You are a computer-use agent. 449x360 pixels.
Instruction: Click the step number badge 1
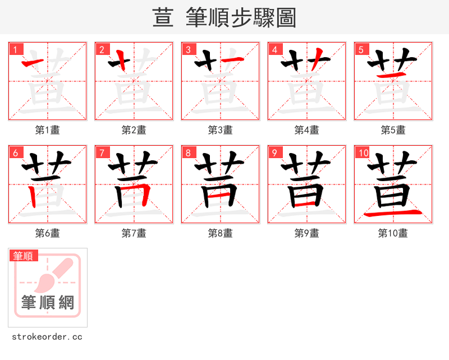point(16,49)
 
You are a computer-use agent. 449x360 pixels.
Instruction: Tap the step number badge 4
point(275,49)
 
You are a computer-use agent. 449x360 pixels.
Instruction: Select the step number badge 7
point(102,153)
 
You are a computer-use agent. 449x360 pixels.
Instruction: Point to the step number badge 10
point(363,153)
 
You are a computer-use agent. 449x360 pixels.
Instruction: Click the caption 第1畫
point(48,130)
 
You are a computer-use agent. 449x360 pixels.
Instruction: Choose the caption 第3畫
point(221,130)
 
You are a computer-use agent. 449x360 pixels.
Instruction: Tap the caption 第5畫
point(393,130)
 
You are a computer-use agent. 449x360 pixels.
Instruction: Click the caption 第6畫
point(48,233)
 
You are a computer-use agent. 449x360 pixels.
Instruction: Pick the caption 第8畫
point(221,233)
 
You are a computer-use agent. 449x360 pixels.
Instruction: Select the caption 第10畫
point(393,233)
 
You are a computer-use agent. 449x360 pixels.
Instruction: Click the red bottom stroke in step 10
point(393,214)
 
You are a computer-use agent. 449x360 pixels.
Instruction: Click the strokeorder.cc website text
point(47,337)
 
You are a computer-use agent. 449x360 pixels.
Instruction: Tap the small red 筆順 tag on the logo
point(24,256)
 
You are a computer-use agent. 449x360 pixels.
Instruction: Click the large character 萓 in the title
point(163,18)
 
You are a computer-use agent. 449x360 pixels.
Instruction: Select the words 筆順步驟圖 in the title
point(237,18)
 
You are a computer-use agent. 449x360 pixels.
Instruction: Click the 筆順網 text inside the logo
point(48,303)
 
